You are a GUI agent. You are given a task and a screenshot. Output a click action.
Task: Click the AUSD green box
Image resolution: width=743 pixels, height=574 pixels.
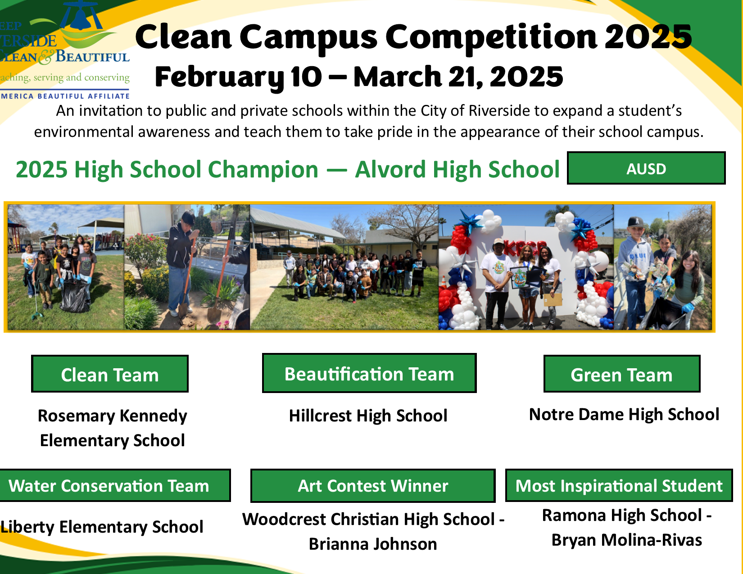[x=646, y=168]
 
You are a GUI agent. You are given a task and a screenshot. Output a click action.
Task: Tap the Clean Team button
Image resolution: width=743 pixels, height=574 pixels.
[x=110, y=374]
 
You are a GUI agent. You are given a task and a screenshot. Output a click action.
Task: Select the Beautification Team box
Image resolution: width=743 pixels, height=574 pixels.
[x=369, y=373]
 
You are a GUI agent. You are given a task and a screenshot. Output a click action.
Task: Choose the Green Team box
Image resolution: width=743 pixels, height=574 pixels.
[x=621, y=374]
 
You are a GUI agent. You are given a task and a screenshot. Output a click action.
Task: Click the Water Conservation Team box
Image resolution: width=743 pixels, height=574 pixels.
[x=114, y=485]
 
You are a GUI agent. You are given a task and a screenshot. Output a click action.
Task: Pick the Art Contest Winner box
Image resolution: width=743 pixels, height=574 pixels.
[x=373, y=486]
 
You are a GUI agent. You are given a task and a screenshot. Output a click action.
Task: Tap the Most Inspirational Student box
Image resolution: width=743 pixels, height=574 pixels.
[x=619, y=485]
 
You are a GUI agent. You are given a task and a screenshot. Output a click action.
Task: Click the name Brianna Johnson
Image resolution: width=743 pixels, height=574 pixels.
[x=373, y=544]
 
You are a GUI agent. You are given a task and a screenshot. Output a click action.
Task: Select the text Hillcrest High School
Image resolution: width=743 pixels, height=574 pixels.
[x=368, y=416]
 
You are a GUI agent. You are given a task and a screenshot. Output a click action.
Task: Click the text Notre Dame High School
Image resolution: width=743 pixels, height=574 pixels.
[x=624, y=415]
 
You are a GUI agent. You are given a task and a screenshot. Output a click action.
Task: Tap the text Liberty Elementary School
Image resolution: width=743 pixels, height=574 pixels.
[x=102, y=527]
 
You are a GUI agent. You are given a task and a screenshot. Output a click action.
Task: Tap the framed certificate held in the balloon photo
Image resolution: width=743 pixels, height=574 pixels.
[x=520, y=277]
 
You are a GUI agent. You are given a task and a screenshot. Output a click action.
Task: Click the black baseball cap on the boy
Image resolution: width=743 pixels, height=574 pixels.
[x=636, y=222]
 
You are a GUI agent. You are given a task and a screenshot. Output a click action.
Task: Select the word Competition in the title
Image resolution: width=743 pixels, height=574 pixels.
[x=491, y=36]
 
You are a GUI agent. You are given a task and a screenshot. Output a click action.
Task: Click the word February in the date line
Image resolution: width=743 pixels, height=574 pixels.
[x=219, y=77]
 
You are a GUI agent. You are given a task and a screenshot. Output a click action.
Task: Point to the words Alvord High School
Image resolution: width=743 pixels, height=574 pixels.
[x=457, y=169]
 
